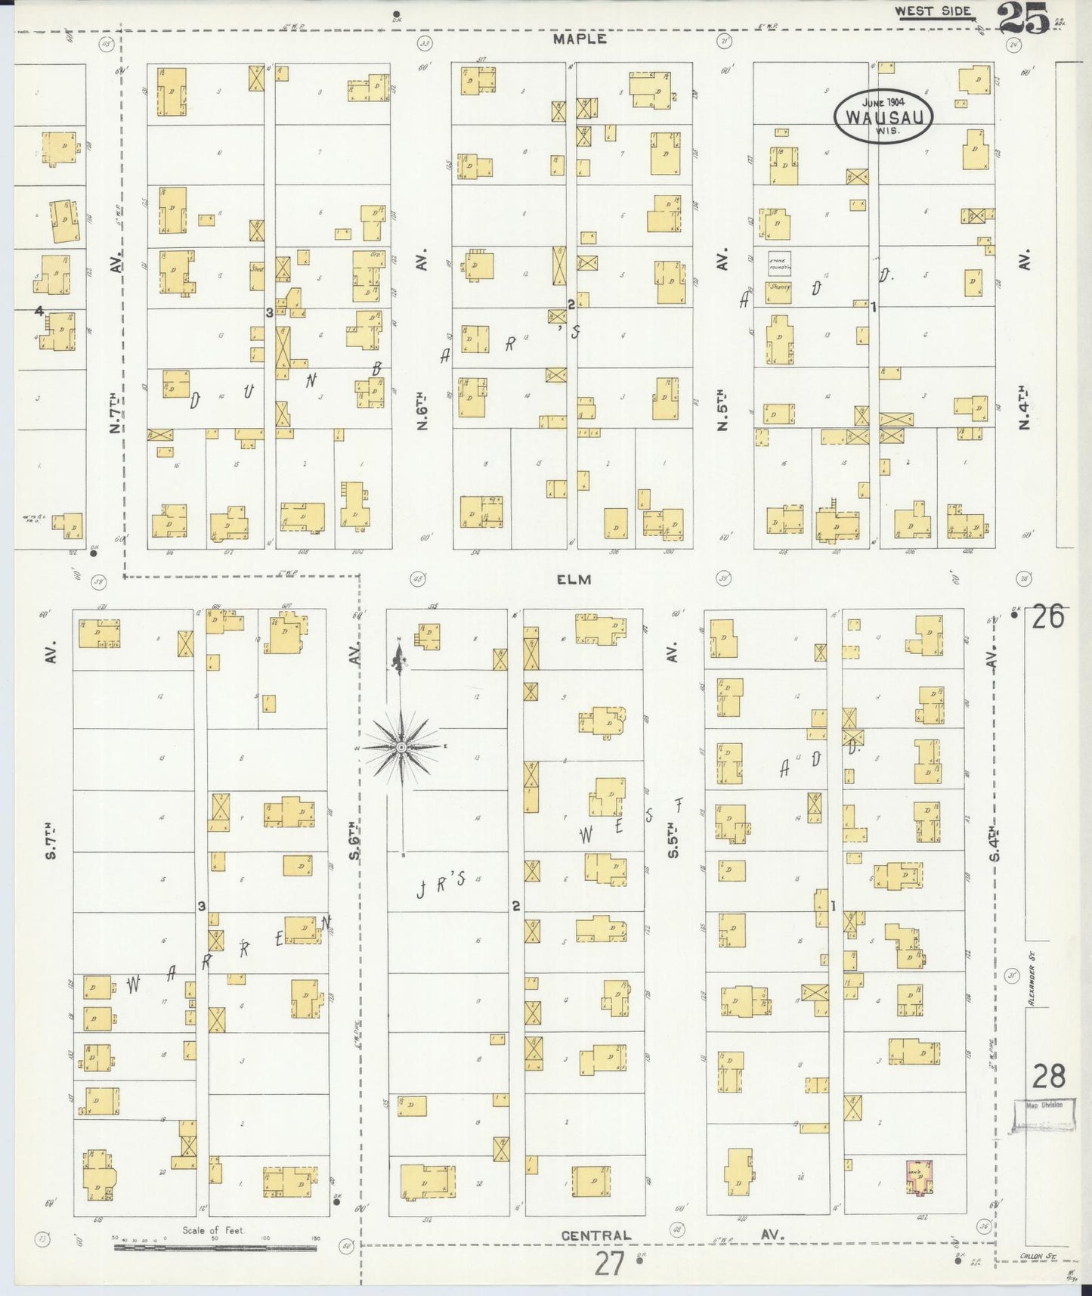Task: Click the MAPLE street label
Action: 579,39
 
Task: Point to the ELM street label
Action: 574,579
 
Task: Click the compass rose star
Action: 401,747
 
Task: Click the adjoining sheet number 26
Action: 1048,617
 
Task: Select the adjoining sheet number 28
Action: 1048,1075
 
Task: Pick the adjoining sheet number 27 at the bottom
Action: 608,1263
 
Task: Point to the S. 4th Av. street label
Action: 994,842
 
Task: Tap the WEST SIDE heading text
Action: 933,11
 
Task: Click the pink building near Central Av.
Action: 919,1177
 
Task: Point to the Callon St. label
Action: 1040,1256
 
